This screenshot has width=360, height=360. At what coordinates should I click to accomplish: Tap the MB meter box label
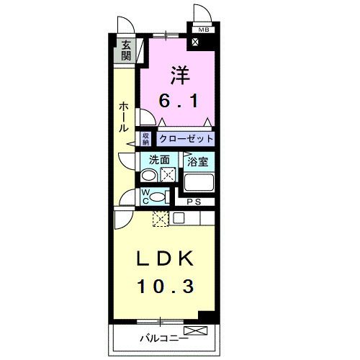pos(203,30)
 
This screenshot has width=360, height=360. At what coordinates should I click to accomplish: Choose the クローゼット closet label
pos(186,138)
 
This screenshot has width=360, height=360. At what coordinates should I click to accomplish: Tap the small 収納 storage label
pos(145,138)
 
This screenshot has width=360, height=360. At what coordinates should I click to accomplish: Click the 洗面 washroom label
pos(159,161)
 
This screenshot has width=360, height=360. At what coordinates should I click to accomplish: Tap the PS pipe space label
pos(193,202)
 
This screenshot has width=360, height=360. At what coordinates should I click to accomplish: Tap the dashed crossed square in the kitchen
pos(160,219)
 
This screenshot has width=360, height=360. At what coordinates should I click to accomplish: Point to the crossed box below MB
pos(196,42)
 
